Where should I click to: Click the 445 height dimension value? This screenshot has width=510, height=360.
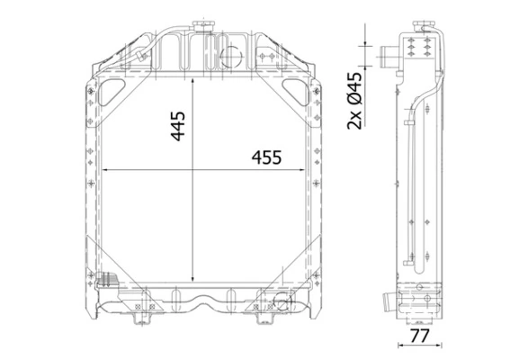[179, 126]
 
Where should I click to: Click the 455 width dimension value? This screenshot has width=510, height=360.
[265, 157]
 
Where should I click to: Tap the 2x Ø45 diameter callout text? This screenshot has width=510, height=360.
[354, 101]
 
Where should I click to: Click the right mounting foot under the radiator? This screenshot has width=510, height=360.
[267, 316]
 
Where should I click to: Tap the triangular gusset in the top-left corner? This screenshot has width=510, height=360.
[112, 91]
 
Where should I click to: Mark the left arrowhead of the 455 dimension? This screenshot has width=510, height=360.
[104, 171]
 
